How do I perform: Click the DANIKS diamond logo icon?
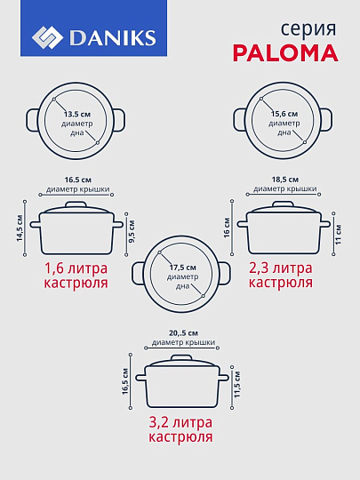(47, 38)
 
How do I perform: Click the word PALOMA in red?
(285, 52)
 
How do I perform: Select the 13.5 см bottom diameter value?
(77, 115)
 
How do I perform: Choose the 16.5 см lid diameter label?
(78, 179)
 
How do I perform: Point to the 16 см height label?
(228, 228)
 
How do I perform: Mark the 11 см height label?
(339, 228)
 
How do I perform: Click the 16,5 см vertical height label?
(125, 386)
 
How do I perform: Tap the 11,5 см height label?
(236, 386)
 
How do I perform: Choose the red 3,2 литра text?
(179, 422)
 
